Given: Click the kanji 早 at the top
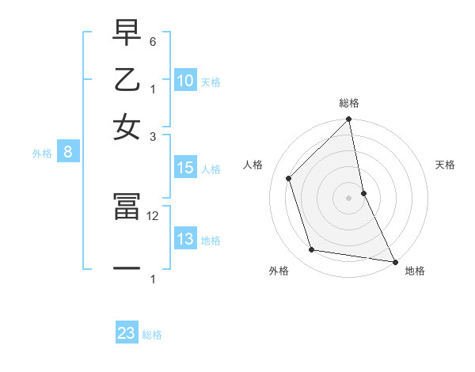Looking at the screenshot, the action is point(127,35).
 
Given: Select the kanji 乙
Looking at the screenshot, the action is point(127,81).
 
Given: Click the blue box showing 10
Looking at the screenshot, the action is point(185,81).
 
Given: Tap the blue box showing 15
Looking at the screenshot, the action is point(185,168).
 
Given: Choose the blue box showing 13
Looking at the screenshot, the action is point(185,240).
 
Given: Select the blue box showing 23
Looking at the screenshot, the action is point(127,333).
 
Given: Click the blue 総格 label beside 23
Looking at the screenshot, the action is point(152,335).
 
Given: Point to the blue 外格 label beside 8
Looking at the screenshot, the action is point(42,154).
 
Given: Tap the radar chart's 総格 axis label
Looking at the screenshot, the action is point(349,103).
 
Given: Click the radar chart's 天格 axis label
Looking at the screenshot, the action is point(446,165).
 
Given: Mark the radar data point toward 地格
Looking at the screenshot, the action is point(394,261).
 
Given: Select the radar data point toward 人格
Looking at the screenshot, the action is point(289,178).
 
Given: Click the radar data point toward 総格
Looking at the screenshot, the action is point(349,120).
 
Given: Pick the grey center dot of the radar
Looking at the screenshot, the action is point(349,197).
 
